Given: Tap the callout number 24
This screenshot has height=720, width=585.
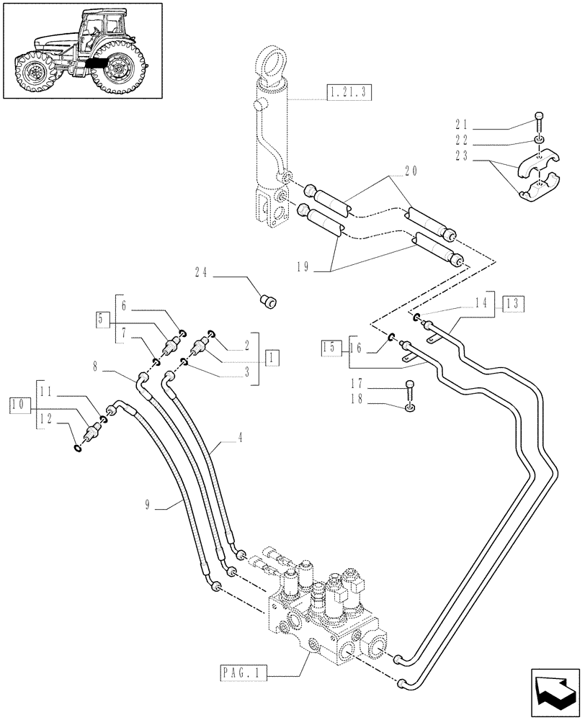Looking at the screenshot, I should click(201, 272).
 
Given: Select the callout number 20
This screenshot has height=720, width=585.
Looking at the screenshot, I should click(411, 172).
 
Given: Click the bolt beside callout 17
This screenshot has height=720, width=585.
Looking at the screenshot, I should click(409, 387).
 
